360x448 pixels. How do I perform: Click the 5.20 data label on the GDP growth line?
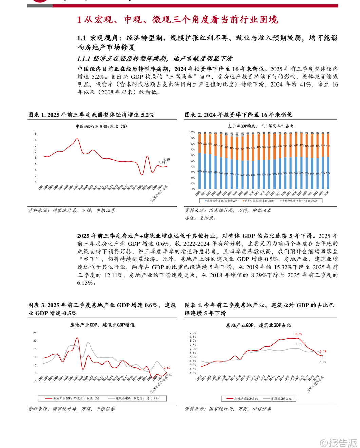[x=166, y=159]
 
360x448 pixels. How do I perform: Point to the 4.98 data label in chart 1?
[x=162, y=163]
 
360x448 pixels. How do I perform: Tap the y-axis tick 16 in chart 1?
[x=35, y=134]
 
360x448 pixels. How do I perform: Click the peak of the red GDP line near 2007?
[x=77, y=139]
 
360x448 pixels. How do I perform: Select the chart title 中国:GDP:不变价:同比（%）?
[x=101, y=126]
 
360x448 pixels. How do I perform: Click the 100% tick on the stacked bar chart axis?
[x=192, y=132]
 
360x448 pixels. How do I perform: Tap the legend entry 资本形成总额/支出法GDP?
[x=259, y=201]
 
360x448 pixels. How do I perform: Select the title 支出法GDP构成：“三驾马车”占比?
[x=261, y=126]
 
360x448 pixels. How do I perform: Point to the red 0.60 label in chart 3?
[x=167, y=368]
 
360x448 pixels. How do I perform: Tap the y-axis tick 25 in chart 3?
[x=35, y=333]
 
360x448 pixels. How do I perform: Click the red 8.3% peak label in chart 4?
[x=299, y=334]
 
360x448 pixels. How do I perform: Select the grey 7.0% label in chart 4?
[x=299, y=344]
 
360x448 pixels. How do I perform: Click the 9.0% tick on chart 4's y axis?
[x=193, y=333]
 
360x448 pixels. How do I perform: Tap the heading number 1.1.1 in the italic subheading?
[x=83, y=59]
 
